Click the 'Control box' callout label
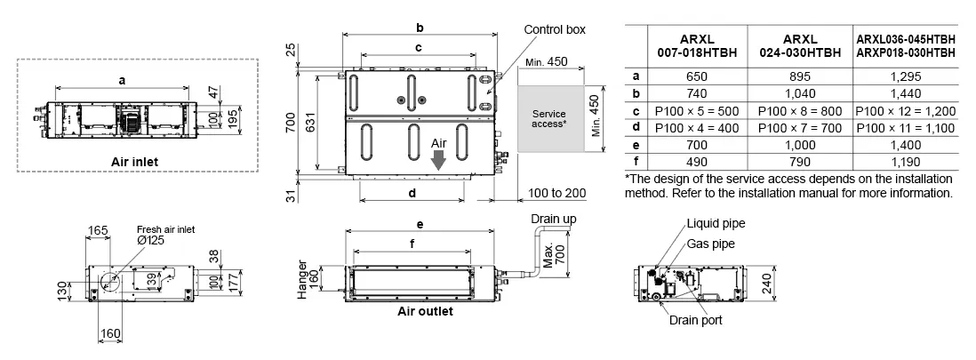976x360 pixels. point(555,29)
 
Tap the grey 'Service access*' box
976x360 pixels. point(548,119)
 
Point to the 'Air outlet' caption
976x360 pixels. point(424,311)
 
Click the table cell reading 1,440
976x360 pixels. point(905,93)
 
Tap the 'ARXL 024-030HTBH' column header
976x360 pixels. point(800,45)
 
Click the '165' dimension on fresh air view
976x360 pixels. point(98,230)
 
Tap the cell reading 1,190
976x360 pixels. point(905,161)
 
